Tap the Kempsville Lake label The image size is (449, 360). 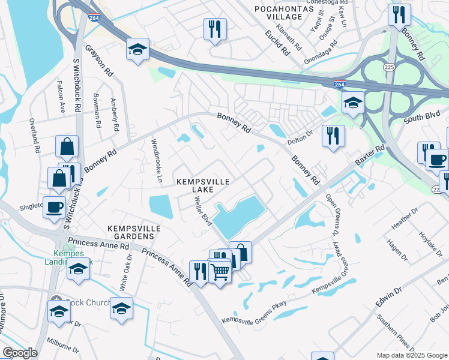[203, 185]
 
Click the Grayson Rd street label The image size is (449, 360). [99, 61]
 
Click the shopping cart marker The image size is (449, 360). [220, 272]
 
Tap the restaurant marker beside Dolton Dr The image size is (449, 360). [333, 135]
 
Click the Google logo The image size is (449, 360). [20, 353]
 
